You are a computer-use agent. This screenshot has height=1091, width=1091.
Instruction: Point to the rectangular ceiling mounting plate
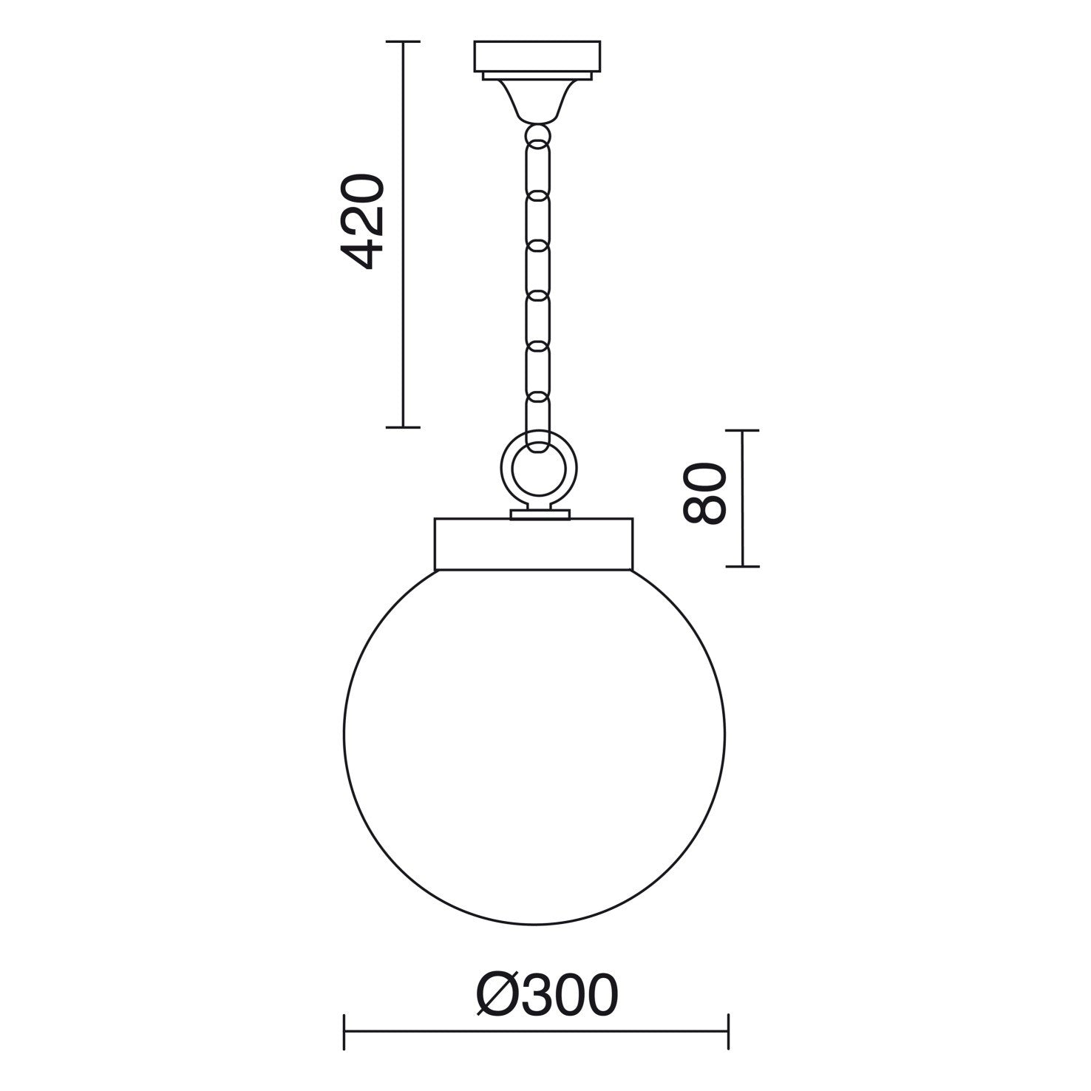[x=537, y=56]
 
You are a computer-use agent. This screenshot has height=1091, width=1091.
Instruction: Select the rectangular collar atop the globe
[x=533, y=543]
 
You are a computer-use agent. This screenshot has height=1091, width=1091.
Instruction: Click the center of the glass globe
[x=534, y=735]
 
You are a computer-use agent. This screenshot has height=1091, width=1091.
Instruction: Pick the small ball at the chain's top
[x=537, y=135]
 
